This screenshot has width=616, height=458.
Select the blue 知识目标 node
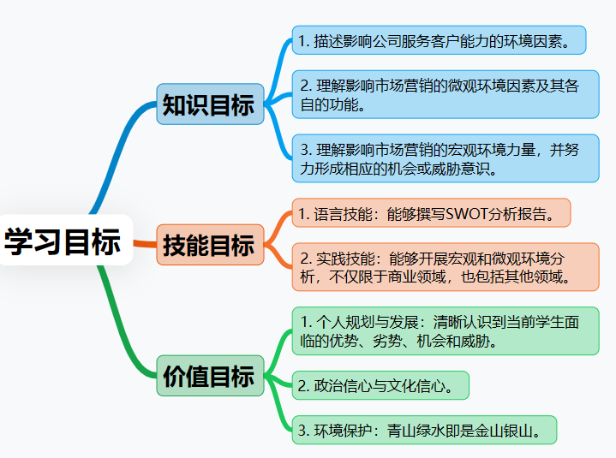click(x=209, y=104)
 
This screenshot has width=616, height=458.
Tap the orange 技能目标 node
click(x=209, y=245)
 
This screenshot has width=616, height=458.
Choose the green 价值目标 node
click(x=209, y=376)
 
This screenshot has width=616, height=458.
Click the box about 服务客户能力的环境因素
click(x=439, y=39)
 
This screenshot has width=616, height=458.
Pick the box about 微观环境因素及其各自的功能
click(x=445, y=95)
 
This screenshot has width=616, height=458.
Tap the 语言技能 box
click(x=431, y=212)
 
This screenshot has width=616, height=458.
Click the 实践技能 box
click(x=445, y=266)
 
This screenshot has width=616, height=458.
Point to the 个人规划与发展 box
click(x=445, y=330)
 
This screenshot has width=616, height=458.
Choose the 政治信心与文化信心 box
click(x=380, y=385)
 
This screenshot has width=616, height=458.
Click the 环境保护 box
click(x=424, y=430)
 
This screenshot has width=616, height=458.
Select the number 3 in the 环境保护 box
click(x=302, y=430)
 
